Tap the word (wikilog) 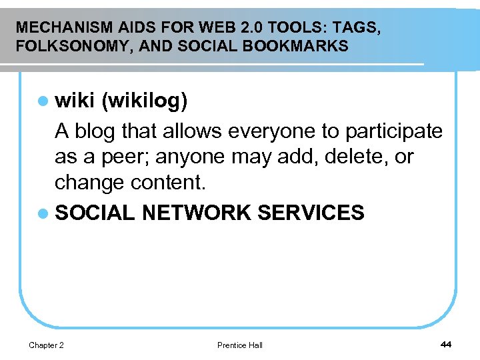coord(145,101)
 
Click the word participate coord(394,131)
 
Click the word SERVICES coord(311,213)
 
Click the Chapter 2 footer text coord(47,345)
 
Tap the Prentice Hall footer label coord(240,345)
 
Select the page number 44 coord(446,344)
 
